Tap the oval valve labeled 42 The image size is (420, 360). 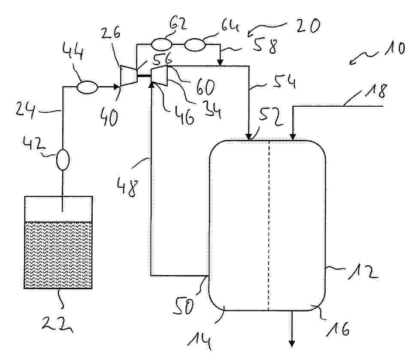click(63, 159)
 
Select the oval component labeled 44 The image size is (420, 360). click(87, 87)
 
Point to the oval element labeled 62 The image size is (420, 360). click(161, 44)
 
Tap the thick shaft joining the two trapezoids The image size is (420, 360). click(145, 76)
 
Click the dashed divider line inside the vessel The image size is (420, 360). click(269, 225)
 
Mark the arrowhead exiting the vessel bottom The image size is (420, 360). click(292, 343)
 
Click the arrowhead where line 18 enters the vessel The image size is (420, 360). click(293, 137)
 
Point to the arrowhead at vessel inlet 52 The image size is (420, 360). click(249, 137)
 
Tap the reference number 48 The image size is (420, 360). click(128, 188)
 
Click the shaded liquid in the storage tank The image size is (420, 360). click(58, 255)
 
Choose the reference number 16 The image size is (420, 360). click(338, 328)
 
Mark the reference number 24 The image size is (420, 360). click(24, 111)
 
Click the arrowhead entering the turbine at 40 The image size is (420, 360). click(117, 87)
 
